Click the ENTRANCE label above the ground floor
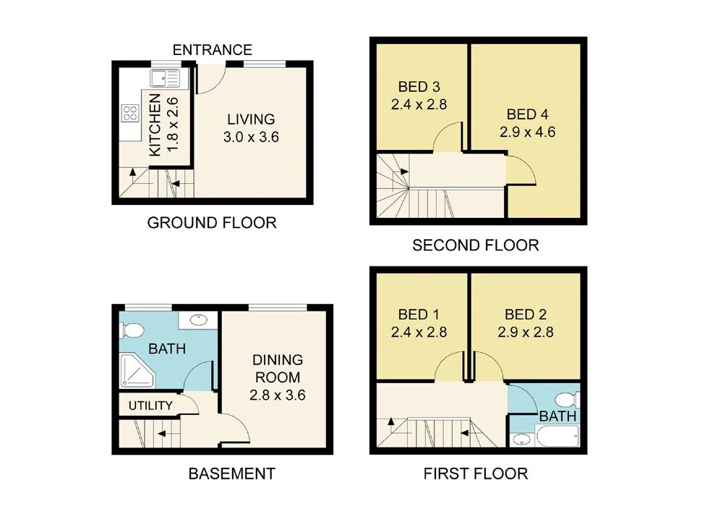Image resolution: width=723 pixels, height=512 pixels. coord(213,49)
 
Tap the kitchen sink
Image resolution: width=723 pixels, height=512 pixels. coord(165,78)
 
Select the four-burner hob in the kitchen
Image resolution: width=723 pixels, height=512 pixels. coord(130,113)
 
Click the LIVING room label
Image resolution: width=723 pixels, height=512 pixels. coord(251,119)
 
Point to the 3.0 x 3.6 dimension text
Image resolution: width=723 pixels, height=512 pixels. coord(251,137)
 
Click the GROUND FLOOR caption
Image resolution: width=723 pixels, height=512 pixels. coord(212,223)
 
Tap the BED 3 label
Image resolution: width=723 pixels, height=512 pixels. coord(419,86)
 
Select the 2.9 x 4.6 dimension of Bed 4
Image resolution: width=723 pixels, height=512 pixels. coord(528,132)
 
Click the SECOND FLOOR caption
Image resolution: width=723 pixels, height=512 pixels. coord(476,245)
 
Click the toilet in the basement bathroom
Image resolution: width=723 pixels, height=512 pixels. coord(132,330)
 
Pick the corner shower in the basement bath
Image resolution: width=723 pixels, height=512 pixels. coord(137,371)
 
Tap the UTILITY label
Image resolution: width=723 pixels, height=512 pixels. coord(150,406)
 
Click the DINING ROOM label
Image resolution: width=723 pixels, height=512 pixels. coord(278,369)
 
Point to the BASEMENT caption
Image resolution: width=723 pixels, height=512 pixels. coord(232,474)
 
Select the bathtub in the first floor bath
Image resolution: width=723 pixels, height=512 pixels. coord(557,436)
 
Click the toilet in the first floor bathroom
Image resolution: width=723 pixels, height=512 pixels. coord(567,400)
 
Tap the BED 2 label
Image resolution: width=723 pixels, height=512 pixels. coord(526,314)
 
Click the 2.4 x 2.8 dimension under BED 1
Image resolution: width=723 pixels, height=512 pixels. coord(419,332)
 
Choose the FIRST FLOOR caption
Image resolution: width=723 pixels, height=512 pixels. coord(476,474)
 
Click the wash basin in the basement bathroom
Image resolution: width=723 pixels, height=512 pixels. coord(198,319)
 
